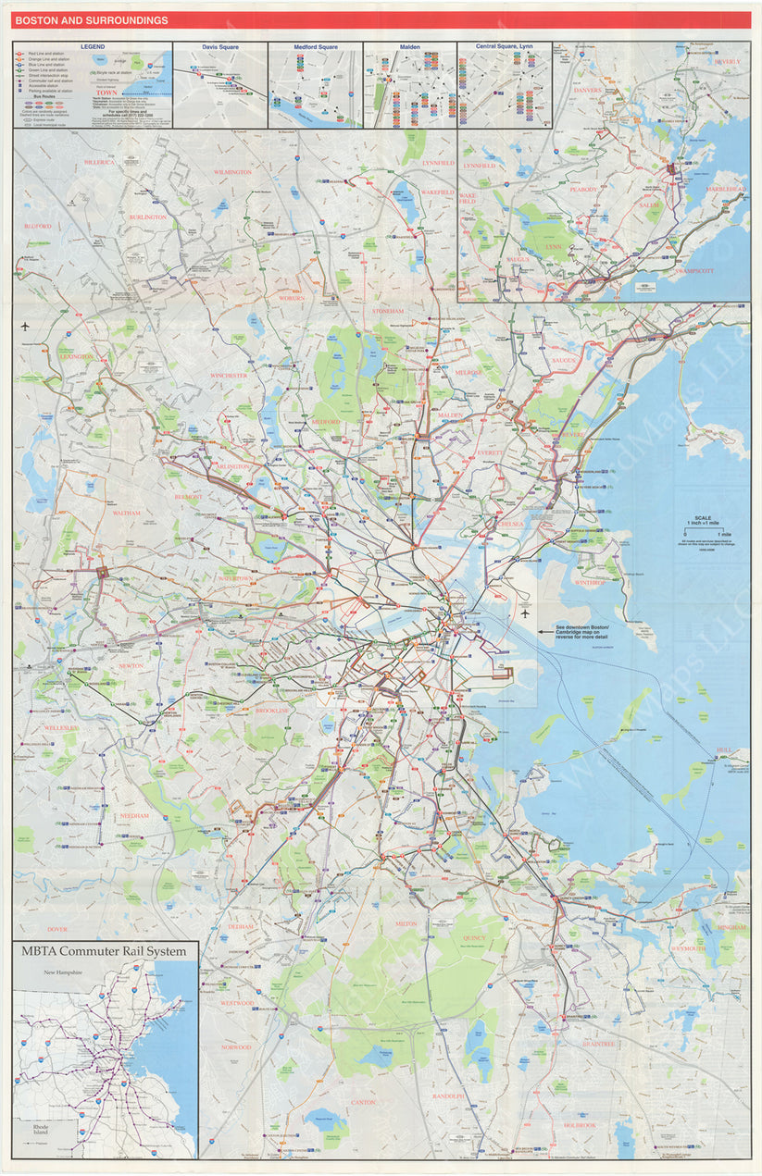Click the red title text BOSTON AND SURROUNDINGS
coord(91,20)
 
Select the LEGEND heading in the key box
coord(93,46)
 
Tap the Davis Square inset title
coord(220,46)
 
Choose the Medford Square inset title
coord(315,46)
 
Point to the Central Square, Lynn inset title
coord(505,46)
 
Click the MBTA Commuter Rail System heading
coord(106,951)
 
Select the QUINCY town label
coord(473,937)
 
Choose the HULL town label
coord(723,750)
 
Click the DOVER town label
coord(57,928)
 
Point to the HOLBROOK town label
coord(581,1125)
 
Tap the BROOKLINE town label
coord(272,710)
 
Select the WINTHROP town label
coord(589,583)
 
